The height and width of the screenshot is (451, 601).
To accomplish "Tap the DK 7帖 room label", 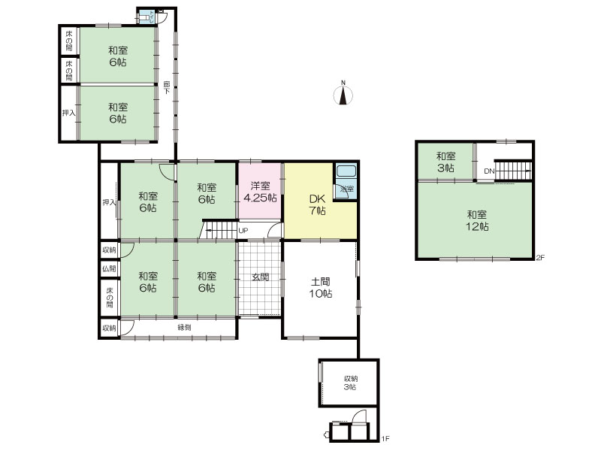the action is tap(317, 204).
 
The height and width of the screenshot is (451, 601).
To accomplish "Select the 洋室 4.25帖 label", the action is tap(261, 192).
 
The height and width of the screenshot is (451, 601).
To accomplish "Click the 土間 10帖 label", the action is tap(321, 288).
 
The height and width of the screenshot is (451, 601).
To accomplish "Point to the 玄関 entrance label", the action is tap(260, 277).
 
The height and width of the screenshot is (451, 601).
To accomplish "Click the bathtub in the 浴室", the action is tap(346, 171).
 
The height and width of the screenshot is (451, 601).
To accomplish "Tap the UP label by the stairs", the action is tap(243, 231).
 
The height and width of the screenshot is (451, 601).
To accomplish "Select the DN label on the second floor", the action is tap(489, 171).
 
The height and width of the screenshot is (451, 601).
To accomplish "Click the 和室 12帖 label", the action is tap(477, 220).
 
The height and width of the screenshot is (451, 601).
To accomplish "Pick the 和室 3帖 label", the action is tap(445, 162).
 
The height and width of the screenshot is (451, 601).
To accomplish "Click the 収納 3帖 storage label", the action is tap(350, 383).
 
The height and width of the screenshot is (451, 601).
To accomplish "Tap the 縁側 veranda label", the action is tap(184, 328).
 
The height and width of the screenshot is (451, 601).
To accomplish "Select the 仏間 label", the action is tap(109, 268).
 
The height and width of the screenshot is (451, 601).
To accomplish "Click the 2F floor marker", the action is tap(540, 258).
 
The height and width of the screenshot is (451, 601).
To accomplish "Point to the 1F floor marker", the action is tap(385, 438).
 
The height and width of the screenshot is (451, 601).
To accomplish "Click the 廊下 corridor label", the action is tap(167, 87).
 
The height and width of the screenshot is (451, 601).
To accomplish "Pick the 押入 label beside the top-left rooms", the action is tap(69, 114).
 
